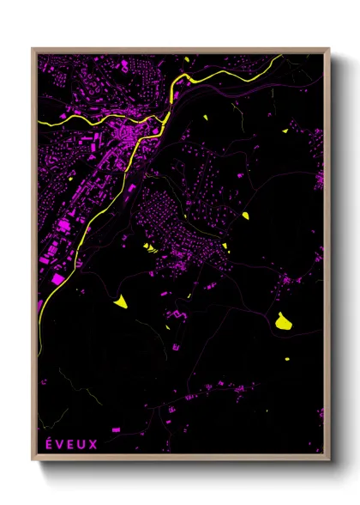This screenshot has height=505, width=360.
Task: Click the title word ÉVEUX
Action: (71, 444)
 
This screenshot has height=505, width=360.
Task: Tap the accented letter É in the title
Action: (48, 444)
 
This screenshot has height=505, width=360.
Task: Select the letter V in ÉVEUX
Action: (60, 444)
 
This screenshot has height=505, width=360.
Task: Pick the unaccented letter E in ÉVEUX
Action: (71, 444)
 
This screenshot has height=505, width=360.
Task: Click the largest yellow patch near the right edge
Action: (282, 321)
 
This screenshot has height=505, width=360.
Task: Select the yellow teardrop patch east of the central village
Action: (244, 214)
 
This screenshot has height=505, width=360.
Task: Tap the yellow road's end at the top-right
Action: (283, 57)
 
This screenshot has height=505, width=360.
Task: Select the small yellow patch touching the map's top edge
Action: (187, 56)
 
